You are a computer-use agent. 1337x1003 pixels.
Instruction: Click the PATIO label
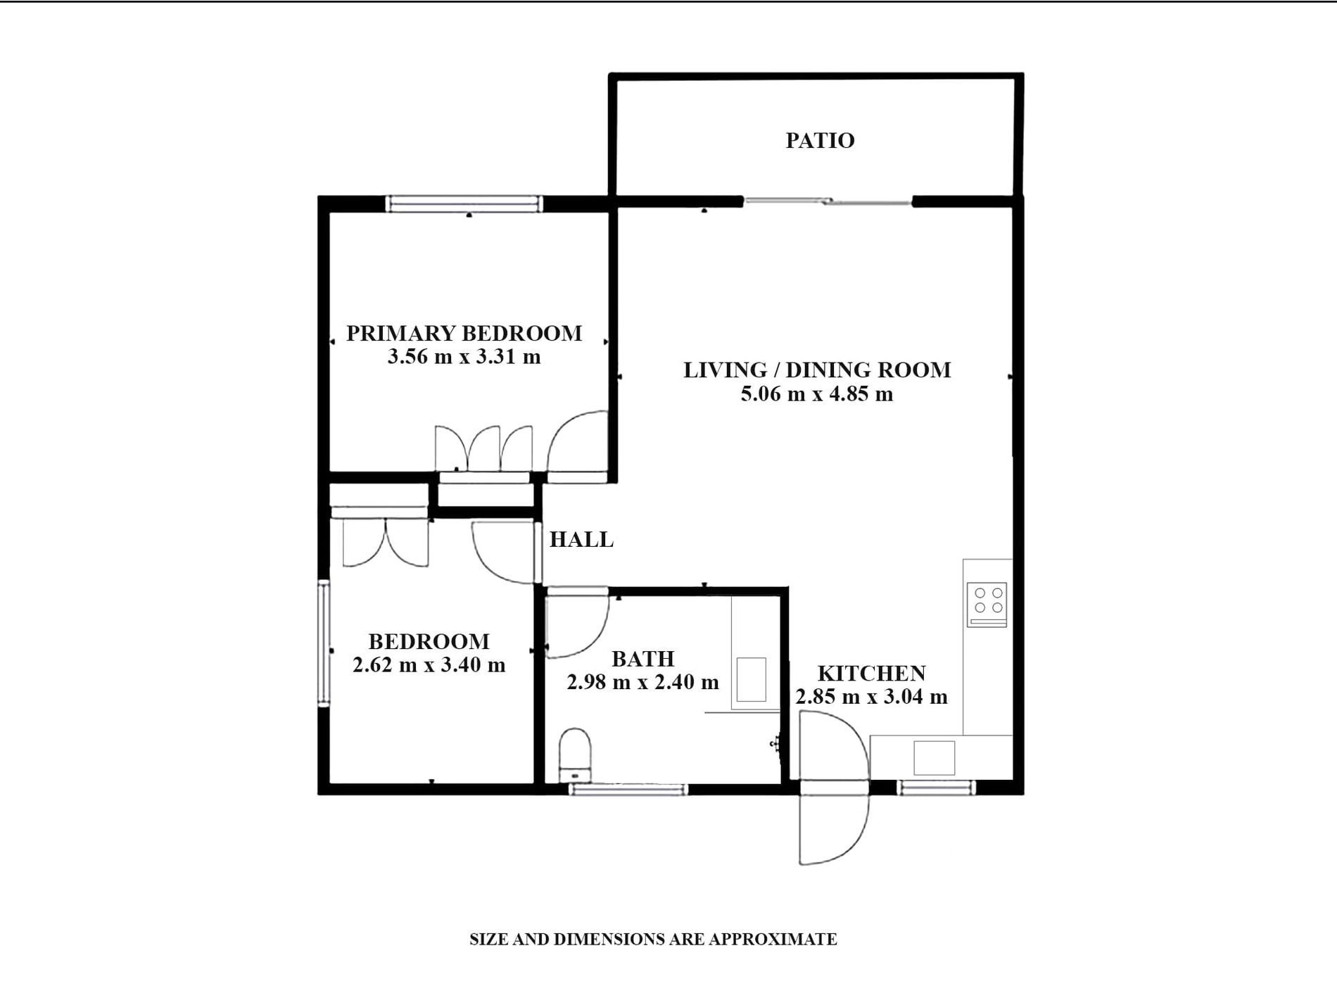coord(820,140)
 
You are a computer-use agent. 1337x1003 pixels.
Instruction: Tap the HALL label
coord(581,539)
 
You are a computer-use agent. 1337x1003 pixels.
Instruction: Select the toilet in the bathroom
coord(576,755)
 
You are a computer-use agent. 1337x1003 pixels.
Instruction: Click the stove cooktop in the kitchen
coord(987,604)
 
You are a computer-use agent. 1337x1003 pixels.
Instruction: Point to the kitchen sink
coord(934,757)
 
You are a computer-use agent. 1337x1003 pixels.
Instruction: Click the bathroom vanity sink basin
coord(751,679)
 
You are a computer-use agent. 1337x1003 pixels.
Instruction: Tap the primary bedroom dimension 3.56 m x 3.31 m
coord(464,356)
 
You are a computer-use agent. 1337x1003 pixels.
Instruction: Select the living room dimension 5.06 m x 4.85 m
coord(816,393)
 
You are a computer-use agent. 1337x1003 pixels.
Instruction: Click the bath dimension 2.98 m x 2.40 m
coord(642,681)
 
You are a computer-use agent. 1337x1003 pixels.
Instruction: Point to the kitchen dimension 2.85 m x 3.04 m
coord(871,696)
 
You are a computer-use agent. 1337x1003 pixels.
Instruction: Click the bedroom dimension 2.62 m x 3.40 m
coord(429,664)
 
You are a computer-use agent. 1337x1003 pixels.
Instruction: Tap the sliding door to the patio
coord(828,202)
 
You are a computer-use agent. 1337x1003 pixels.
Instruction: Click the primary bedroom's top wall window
coord(464,203)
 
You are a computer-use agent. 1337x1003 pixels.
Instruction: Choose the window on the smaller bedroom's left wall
coord(324,643)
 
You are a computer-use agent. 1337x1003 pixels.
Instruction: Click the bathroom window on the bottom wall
coord(628,790)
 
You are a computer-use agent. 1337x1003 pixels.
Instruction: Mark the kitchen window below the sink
coord(936,788)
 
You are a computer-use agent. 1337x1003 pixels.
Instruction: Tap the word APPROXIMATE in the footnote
coord(773,939)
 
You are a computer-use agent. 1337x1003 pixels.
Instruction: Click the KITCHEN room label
coord(871,673)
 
